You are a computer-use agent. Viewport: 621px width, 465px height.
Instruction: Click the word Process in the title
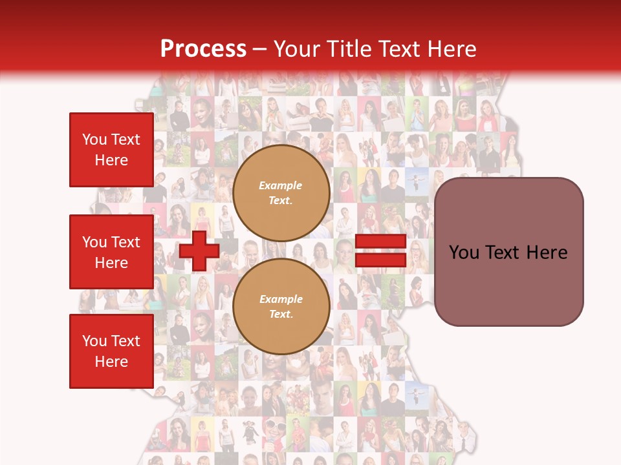coord(203,49)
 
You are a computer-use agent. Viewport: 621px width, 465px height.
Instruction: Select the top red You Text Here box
coord(111,150)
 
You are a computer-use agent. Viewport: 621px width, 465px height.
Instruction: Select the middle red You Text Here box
coord(111,252)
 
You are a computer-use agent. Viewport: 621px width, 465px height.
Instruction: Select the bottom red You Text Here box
coord(111,351)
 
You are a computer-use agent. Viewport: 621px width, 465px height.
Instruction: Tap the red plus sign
coord(199,251)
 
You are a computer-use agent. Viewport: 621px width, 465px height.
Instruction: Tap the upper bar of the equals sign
coord(380,242)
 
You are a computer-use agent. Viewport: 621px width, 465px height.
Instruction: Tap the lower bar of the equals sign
coord(380,260)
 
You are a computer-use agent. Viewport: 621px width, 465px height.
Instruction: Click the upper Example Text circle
coord(281,192)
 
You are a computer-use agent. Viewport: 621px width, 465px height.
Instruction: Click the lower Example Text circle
coord(281,306)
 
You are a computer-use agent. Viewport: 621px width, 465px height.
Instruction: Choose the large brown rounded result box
coord(508,252)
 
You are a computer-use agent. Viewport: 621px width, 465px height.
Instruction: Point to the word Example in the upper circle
coord(281,185)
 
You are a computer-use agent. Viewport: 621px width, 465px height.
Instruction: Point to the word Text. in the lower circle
coord(281,315)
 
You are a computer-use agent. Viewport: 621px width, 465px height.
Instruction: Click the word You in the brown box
coord(463,253)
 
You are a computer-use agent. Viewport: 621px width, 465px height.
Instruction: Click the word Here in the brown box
coord(547,253)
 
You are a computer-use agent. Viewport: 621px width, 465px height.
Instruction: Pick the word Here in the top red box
coord(111,160)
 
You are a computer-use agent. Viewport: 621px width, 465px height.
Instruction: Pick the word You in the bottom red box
coord(94,341)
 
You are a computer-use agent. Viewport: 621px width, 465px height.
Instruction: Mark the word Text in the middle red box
coord(125,242)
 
